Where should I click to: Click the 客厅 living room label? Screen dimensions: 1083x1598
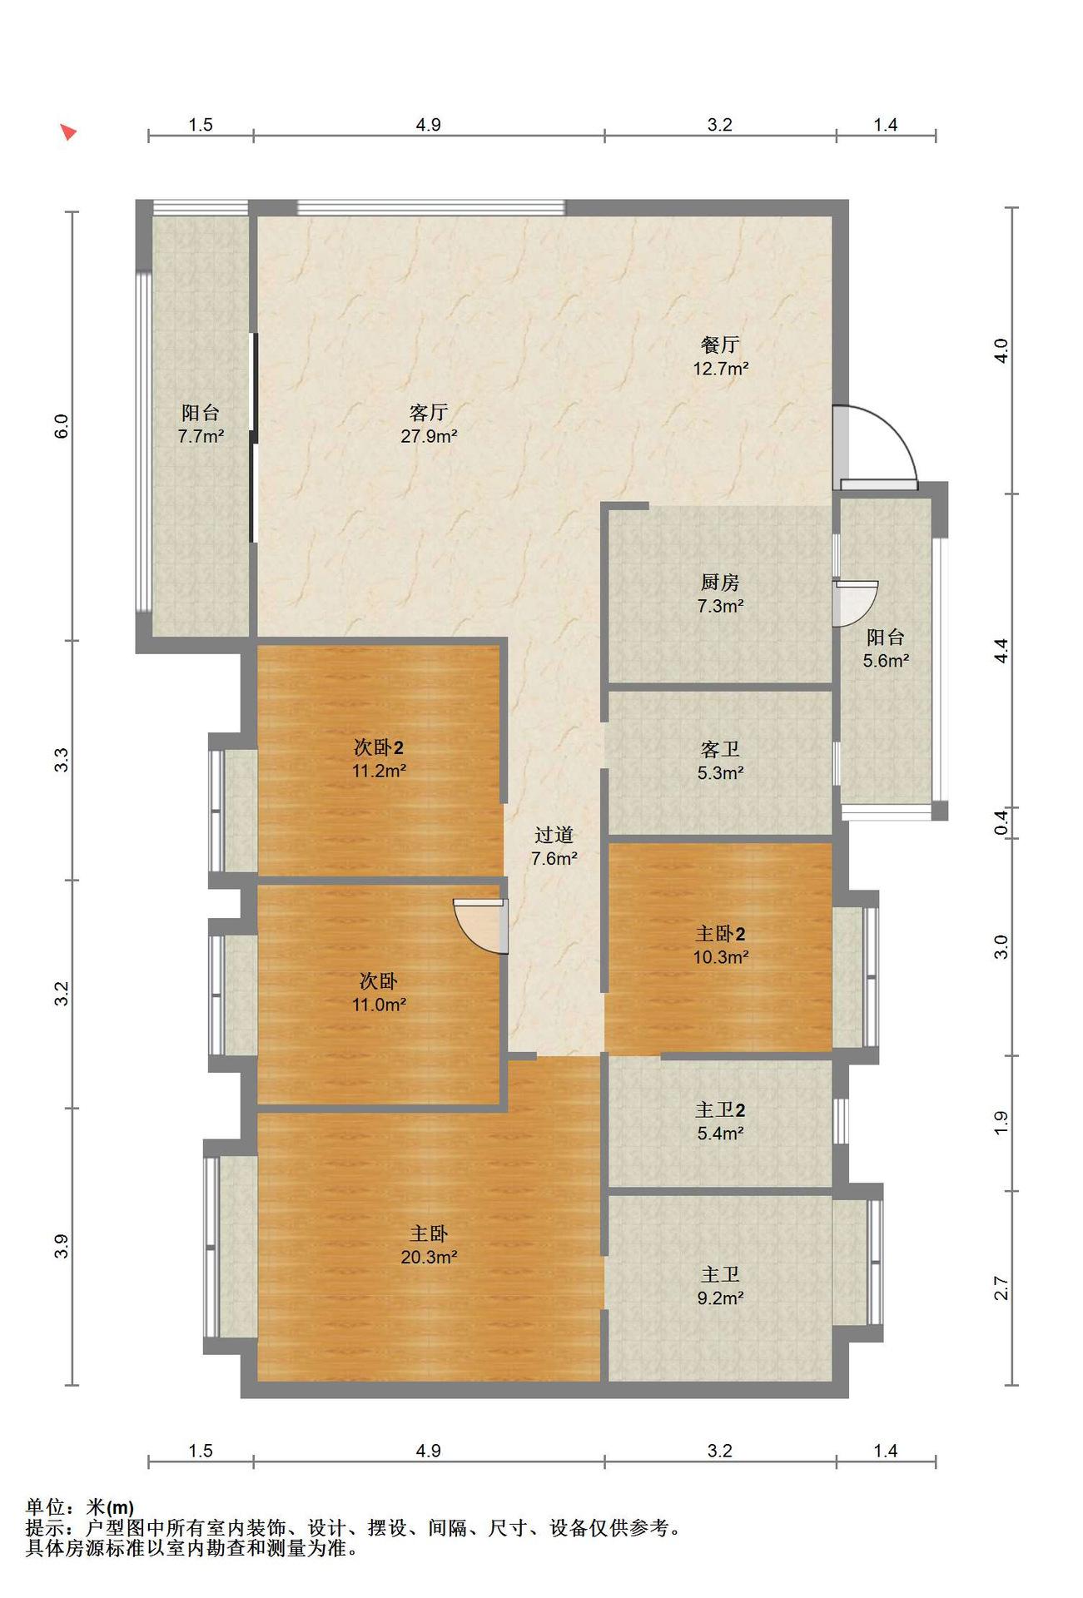pos(429,413)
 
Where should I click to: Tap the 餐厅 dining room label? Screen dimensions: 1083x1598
pos(720,345)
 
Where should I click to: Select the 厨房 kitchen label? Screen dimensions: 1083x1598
pos(720,583)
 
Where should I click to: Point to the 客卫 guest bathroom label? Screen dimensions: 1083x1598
pos(720,750)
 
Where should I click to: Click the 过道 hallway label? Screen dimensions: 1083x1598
pos(554,835)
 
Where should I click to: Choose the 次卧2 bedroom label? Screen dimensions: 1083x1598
pos(379,747)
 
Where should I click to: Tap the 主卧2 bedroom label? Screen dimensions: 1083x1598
pos(720,934)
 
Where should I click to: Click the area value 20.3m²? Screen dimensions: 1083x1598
pos(429,1257)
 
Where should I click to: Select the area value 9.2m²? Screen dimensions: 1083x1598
pos(720,1298)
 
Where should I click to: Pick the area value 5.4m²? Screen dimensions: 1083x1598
pos(720,1133)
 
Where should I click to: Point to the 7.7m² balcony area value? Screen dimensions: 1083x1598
pos(201,436)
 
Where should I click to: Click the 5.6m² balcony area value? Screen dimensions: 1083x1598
pos(886,661)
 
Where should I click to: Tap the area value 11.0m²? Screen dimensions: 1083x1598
pos(379,1005)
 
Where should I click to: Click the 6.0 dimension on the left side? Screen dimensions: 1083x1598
pos(62,426)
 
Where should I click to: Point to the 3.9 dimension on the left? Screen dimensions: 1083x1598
pos(62,1246)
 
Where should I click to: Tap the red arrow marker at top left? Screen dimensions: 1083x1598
pos(68,132)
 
